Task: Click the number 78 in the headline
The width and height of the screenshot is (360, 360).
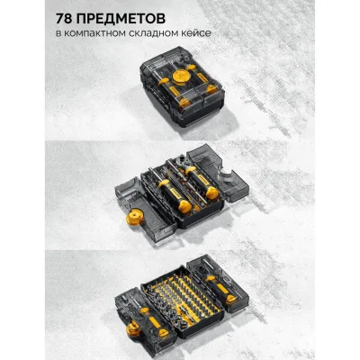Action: click(x=63, y=19)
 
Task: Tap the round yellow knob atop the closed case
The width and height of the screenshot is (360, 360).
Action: click(x=181, y=76)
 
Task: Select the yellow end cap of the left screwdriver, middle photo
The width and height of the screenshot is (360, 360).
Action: click(x=184, y=206)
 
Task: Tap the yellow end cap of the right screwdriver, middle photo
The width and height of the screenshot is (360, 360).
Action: click(x=211, y=193)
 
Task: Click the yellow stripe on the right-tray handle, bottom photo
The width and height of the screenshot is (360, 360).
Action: click(x=222, y=288)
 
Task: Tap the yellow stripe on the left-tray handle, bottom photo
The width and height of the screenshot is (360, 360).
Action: click(x=155, y=322)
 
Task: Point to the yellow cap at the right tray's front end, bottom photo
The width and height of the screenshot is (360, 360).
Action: click(x=232, y=299)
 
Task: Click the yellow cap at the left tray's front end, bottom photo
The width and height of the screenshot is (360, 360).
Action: click(x=164, y=332)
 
